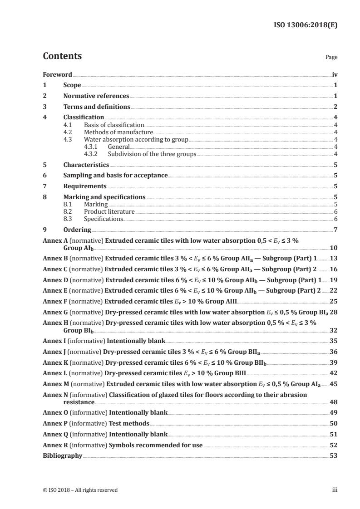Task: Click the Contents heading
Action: pyautogui.click(x=62, y=56)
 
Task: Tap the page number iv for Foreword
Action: pyautogui.click(x=335, y=74)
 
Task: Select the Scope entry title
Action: pyautogui.click(x=72, y=85)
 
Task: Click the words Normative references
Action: pyautogui.click(x=96, y=96)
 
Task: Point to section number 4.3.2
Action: pyautogui.click(x=93, y=154)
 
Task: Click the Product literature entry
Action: pyautogui.click(x=109, y=211)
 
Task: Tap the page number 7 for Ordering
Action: pyautogui.click(x=335, y=230)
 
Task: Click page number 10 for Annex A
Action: pyautogui.click(x=334, y=249)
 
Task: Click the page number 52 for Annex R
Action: pyautogui.click(x=334, y=445)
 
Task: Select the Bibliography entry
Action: pyautogui.click(x=62, y=455)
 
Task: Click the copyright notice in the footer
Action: pyautogui.click(x=80, y=490)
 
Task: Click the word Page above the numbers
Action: pyautogui.click(x=331, y=58)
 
